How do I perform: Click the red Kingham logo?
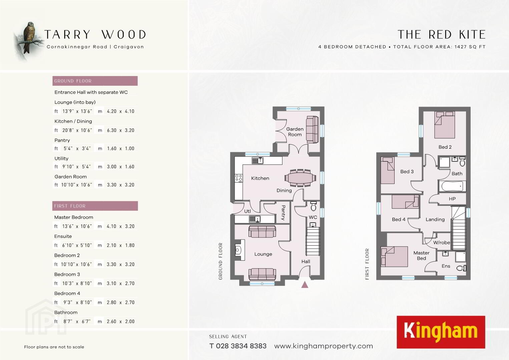[441, 332]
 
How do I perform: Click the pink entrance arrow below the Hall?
[305, 285]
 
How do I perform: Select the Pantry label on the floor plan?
[283, 213]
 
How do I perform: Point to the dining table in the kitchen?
[300, 178]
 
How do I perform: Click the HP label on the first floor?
[452, 199]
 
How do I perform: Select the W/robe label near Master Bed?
[442, 243]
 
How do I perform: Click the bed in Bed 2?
[445, 125]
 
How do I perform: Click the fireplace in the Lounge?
[239, 250]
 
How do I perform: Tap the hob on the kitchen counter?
[238, 178]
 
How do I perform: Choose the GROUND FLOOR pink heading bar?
[95, 81]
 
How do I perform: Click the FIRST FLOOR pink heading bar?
[95, 206]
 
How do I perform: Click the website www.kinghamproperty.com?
[324, 346]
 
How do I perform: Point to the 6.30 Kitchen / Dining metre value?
[111, 130]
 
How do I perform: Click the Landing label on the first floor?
[435, 219]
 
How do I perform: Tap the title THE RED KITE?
[442, 35]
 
